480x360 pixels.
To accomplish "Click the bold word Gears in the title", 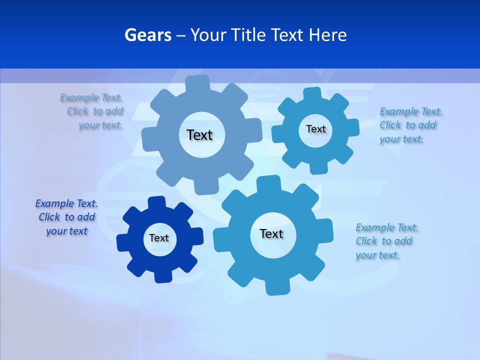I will coord(148,35).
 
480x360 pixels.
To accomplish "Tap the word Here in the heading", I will coord(328,35).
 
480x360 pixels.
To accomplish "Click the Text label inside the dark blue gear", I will coord(159,238).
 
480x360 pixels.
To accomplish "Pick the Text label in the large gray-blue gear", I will coord(199,135).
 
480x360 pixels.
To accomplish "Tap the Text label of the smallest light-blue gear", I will coord(315,129).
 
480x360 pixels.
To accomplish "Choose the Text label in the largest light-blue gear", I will coord(271,234).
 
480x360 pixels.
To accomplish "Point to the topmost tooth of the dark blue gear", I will coord(156,202).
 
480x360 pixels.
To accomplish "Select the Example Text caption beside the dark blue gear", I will coord(66,217).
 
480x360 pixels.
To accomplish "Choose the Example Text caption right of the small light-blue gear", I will coord(410,125).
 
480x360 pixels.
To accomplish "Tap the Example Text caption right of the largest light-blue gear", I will coord(386,241).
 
